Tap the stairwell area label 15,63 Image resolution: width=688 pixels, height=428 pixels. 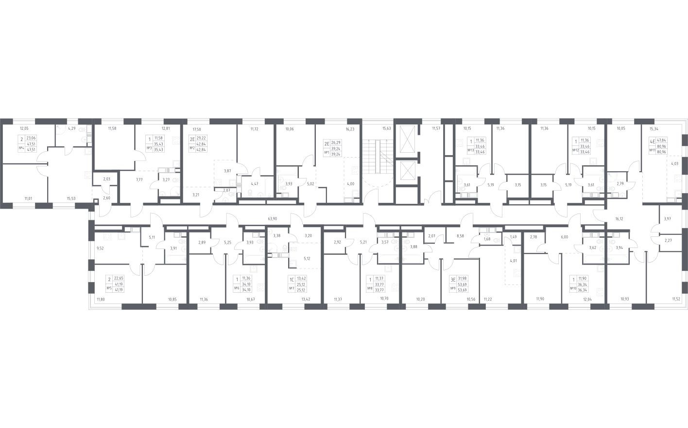pos(387,128)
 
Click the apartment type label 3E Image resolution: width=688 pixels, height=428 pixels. pos(452,280)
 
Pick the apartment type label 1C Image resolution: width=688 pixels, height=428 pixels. pos(292,280)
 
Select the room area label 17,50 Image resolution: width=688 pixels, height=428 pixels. pos(197,129)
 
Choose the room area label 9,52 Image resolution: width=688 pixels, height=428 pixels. pos(100,248)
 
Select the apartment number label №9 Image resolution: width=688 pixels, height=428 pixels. pos(452,288)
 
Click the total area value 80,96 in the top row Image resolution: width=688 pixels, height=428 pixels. pos(661,145)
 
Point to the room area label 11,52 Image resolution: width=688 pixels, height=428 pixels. pos(676,300)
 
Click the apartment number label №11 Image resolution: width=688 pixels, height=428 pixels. pos(652,150)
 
